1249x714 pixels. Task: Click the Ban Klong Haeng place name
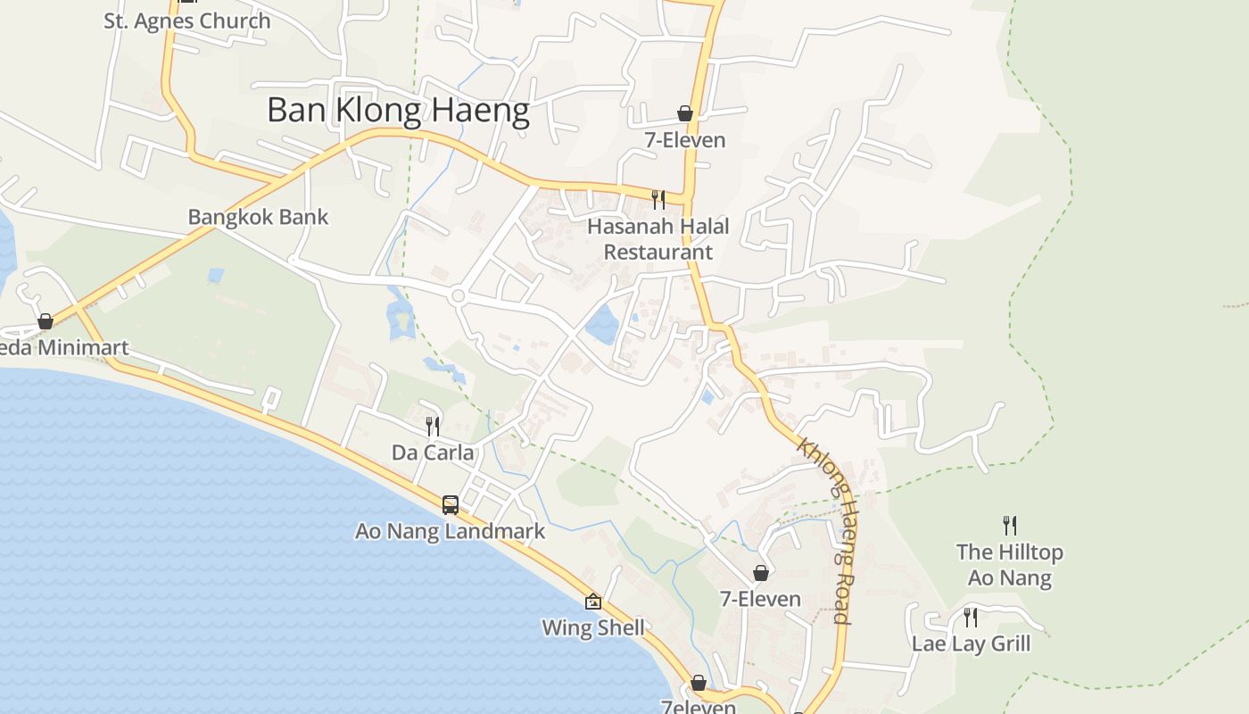pos(398,111)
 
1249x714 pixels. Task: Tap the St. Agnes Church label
pos(186,21)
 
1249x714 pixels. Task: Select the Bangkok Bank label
pos(258,217)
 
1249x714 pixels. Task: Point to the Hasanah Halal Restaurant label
pos(658,239)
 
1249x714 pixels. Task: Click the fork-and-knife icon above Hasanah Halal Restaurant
pos(658,199)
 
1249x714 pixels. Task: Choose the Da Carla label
pos(433,452)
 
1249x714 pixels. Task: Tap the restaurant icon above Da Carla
pos(433,426)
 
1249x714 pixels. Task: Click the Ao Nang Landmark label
pos(450,531)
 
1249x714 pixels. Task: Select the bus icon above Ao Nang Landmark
pos(451,504)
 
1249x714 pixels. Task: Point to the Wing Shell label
pos(593,627)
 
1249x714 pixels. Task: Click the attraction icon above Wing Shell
pos(593,602)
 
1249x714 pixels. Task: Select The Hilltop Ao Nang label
pos(1010,565)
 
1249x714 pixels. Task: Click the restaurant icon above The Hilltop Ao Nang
pos(1010,525)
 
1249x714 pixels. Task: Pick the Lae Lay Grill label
pos(971,643)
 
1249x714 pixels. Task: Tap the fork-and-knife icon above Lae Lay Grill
pos(971,617)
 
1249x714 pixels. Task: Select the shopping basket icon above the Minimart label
pos(45,321)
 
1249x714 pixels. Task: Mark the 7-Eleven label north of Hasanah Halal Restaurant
pos(685,140)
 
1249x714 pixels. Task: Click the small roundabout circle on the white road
pos(459,295)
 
